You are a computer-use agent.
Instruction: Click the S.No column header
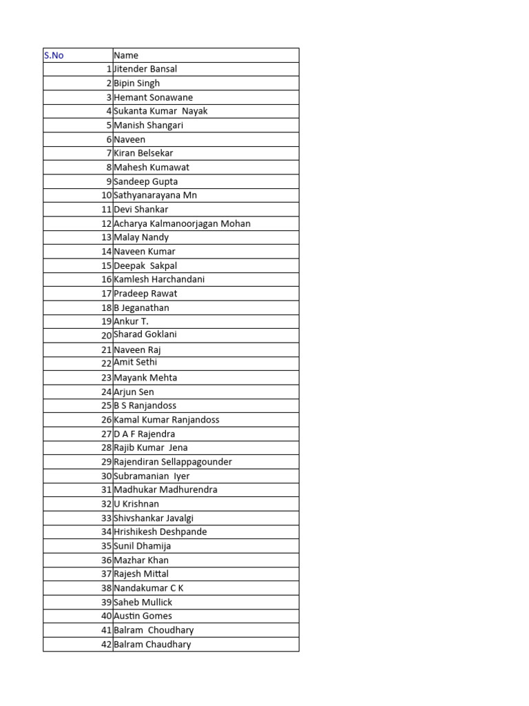[x=54, y=55]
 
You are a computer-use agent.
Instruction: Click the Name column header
[x=126, y=55]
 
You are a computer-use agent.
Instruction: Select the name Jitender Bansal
[x=145, y=69]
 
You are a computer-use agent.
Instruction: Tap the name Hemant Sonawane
[x=153, y=97]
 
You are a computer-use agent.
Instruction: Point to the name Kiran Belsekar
[x=144, y=153]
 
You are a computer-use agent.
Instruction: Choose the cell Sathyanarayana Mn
[x=155, y=195]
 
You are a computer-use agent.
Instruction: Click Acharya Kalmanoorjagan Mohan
[x=182, y=223]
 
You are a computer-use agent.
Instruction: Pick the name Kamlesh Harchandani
[x=159, y=279]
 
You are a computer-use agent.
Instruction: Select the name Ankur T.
[x=131, y=321]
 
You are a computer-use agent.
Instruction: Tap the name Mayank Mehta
[x=145, y=378]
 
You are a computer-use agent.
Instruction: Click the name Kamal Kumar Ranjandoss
[x=167, y=419]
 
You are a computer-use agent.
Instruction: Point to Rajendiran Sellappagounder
[x=173, y=462]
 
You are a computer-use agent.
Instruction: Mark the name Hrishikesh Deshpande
[x=160, y=532]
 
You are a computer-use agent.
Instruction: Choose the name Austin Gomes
[x=143, y=616]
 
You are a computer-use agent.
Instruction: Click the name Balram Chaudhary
[x=152, y=644]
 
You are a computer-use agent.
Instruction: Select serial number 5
[x=109, y=125]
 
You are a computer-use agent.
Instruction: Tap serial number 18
[x=107, y=307]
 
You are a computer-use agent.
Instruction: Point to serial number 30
[x=107, y=476]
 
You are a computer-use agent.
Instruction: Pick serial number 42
[x=107, y=644]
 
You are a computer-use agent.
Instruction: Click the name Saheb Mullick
[x=143, y=602]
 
